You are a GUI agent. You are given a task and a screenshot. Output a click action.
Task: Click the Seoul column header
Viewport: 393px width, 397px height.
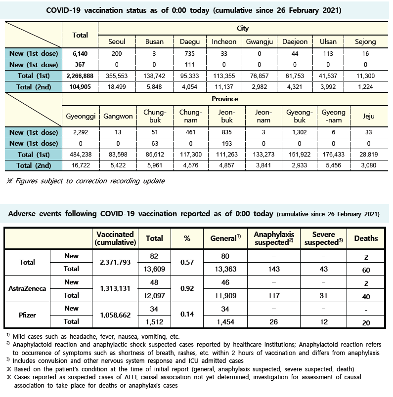point(117,42)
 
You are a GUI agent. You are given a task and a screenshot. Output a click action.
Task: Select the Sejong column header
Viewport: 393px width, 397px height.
point(366,42)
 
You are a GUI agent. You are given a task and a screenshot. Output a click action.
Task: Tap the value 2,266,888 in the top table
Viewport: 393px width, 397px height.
point(80,76)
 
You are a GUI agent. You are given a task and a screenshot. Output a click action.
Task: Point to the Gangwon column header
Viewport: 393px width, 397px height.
point(117,116)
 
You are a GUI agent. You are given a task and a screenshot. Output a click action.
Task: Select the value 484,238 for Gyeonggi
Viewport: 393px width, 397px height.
point(80,154)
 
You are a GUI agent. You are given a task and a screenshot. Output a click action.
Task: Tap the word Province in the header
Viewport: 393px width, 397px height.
point(224,99)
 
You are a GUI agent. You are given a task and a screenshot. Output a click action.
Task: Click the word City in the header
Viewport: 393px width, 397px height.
point(243,29)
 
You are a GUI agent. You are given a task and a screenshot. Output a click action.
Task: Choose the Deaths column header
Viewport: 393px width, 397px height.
point(366,238)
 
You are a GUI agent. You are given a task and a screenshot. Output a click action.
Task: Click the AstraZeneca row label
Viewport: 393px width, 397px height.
point(28,289)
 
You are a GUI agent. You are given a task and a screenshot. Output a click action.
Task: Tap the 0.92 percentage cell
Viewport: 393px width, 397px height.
point(187,289)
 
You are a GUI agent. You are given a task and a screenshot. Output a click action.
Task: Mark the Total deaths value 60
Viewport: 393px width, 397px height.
point(366,269)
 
